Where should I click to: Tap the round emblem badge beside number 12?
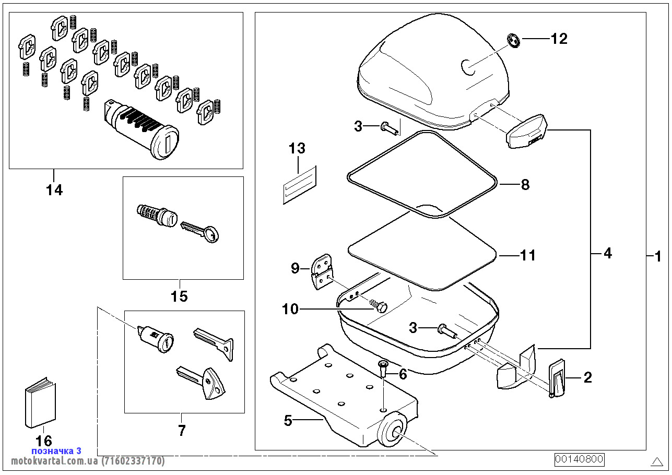514,41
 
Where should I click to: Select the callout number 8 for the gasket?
525,184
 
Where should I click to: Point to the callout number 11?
528,255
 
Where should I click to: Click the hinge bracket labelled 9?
322,272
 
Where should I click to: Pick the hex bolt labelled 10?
380,306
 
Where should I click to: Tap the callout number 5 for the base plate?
288,420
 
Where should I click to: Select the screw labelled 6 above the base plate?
382,369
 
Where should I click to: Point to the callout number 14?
54,190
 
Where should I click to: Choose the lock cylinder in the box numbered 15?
156,214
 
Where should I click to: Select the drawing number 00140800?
579,459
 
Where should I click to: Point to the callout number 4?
607,253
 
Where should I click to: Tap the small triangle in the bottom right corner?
657,461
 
